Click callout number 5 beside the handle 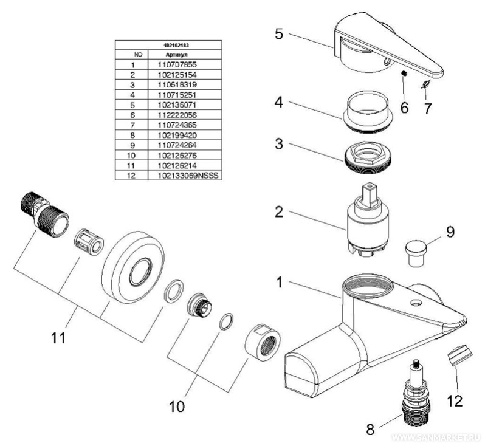tap(278, 33)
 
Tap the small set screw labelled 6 tap(403, 74)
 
